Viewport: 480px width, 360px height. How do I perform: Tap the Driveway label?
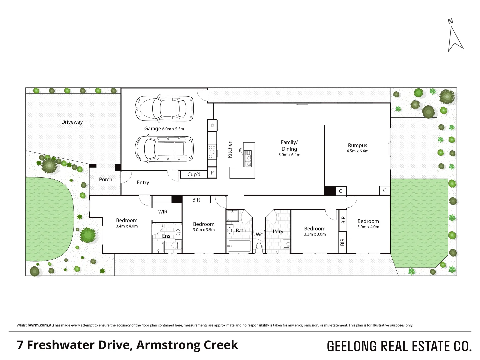click(x=72, y=122)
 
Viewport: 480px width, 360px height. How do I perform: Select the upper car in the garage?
click(x=164, y=108)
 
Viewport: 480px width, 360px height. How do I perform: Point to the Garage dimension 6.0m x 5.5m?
click(x=173, y=129)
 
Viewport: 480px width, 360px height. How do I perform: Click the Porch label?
click(x=105, y=179)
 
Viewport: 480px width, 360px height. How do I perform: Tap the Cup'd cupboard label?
click(x=194, y=174)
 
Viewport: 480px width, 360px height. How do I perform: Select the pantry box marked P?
click(x=212, y=173)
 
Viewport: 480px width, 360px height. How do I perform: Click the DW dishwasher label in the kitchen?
click(x=240, y=150)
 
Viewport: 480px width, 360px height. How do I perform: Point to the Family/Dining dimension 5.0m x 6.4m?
click(x=289, y=155)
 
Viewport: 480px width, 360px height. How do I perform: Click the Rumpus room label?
click(x=357, y=145)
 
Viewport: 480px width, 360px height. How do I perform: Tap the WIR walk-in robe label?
click(x=163, y=212)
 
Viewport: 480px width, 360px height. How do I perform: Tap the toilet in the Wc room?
click(x=259, y=248)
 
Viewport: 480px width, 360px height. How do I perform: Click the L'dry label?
click(x=278, y=231)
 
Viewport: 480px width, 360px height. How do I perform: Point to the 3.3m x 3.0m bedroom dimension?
click(x=315, y=234)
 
